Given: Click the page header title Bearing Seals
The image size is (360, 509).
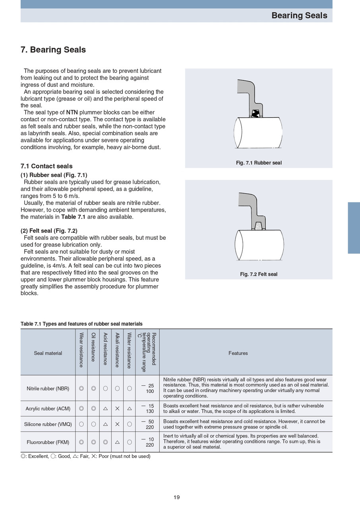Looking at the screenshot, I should tap(299, 16).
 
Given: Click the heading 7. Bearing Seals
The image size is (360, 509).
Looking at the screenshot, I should tap(53, 50).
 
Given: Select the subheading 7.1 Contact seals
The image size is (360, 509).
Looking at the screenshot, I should tap(46, 166).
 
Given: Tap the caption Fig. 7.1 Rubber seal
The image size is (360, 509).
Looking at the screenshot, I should tap(259, 163).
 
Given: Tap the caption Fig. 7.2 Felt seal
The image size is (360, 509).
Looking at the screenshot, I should tap(259, 274).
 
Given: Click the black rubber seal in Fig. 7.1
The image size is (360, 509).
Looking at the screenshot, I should tap(256, 114).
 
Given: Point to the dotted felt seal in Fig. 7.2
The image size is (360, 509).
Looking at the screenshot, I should tap(259, 226).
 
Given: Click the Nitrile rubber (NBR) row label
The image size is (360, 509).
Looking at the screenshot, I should tap(48, 388).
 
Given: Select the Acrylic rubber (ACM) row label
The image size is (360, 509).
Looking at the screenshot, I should tap(48, 408).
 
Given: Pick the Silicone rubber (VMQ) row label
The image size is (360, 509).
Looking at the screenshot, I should tap(48, 424).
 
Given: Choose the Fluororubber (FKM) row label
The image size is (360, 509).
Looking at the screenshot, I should tap(48, 442).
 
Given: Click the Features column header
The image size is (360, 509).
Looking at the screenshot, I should tap(238, 353).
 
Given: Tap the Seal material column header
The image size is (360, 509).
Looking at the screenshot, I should tap(48, 353).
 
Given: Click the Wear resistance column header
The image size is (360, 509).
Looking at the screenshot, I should tap(81, 350).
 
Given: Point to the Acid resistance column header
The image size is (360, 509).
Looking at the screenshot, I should tap(105, 349).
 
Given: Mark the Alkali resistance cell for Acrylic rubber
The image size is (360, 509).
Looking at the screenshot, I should tap(117, 408).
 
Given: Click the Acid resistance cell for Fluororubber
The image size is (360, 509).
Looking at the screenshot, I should tap(105, 442).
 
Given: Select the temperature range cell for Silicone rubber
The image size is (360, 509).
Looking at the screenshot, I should tap(147, 424).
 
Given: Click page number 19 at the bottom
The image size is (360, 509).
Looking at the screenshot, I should tap(177, 497).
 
